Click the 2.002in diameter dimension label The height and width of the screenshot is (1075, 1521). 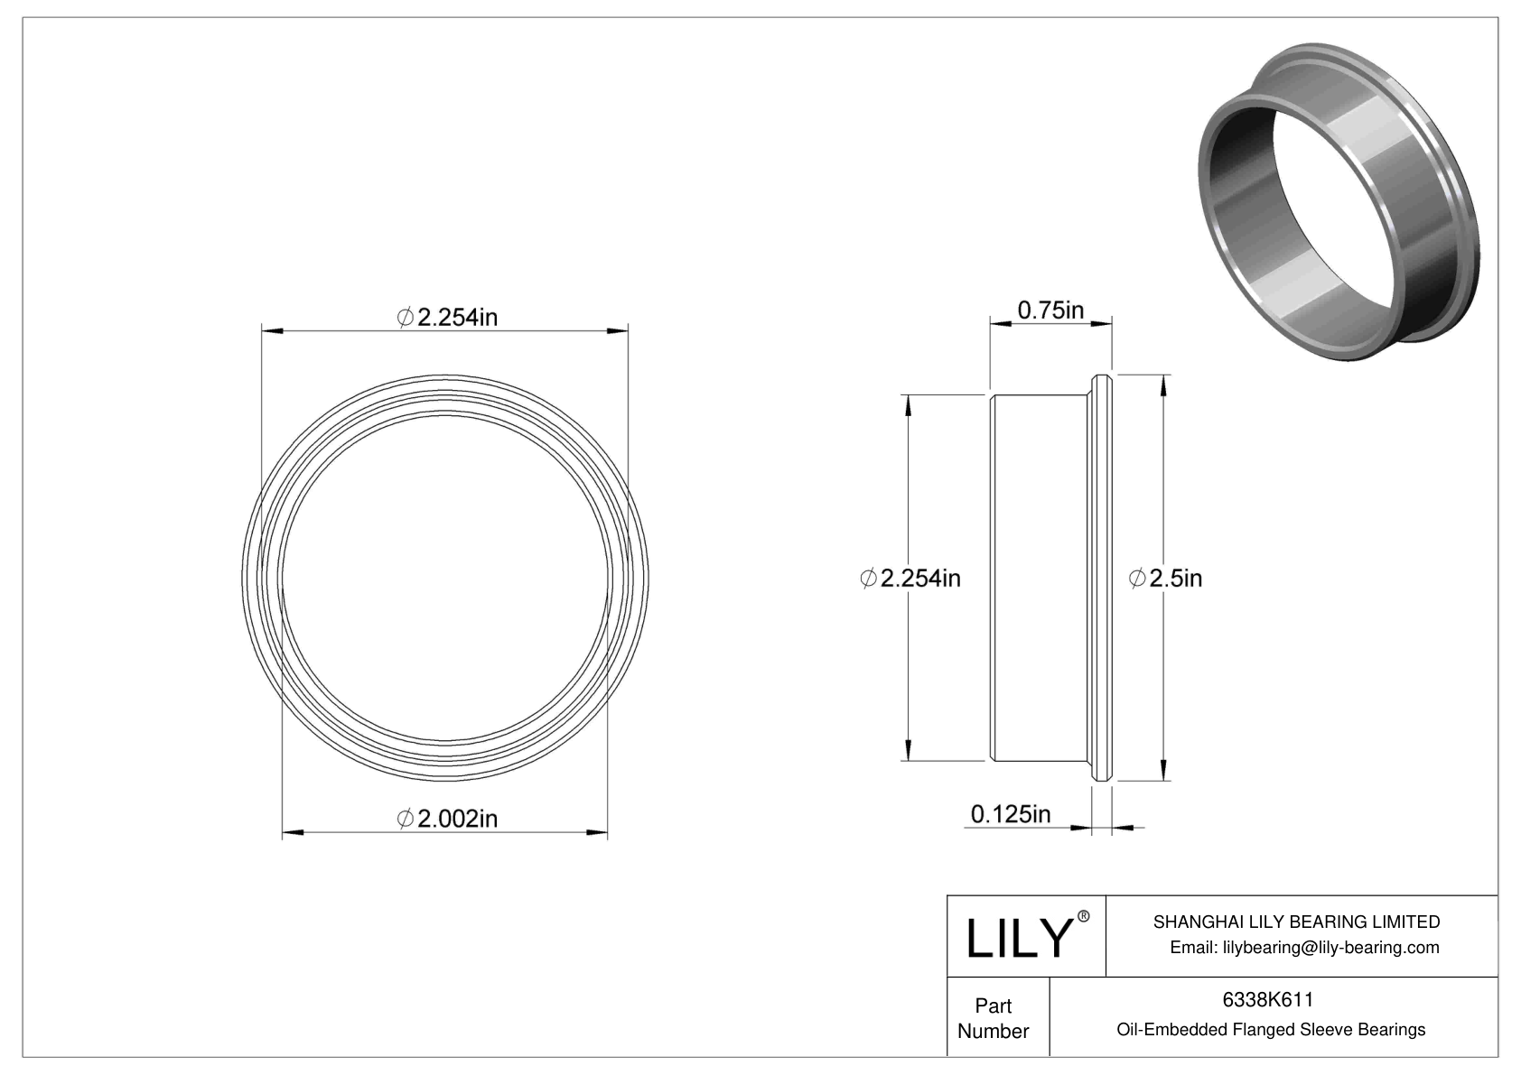coord(447,818)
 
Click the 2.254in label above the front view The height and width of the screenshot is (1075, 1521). coord(447,317)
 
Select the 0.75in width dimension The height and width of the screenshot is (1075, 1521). coord(1050,310)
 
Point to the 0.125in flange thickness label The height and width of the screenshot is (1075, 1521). coord(1010,814)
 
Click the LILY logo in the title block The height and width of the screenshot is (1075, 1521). coord(1018,939)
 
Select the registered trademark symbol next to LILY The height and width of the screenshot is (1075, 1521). coord(1084,917)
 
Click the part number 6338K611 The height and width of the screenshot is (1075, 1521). coord(1267,1000)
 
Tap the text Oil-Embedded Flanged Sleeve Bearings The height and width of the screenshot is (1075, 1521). coord(1271,1029)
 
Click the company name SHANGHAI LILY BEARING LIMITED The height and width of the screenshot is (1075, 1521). coord(1296,922)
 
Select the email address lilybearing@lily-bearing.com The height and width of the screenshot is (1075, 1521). coord(1304,947)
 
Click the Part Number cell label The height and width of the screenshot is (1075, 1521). coord(993,1018)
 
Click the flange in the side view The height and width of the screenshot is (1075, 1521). coord(1101,578)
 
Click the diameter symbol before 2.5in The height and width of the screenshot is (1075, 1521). coord(1138,579)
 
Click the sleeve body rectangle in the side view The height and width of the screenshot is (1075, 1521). coord(1037,578)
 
